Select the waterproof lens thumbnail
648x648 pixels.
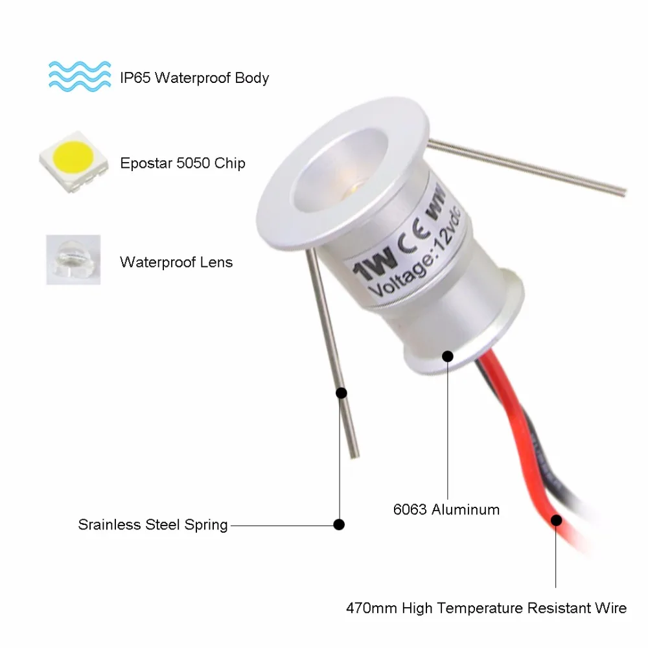tap(73, 259)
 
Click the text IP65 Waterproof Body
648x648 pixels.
tap(194, 78)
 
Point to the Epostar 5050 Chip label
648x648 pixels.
tap(183, 163)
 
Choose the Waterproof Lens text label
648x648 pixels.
tap(176, 262)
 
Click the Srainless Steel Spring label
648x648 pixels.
tap(153, 524)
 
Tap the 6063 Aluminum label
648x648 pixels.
tap(446, 509)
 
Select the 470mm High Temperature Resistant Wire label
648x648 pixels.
tap(486, 608)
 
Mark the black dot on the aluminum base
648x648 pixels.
tap(447, 355)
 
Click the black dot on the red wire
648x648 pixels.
tap(556, 519)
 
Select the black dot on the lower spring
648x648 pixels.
tap(341, 393)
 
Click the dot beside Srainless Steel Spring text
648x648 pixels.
tap(338, 524)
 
